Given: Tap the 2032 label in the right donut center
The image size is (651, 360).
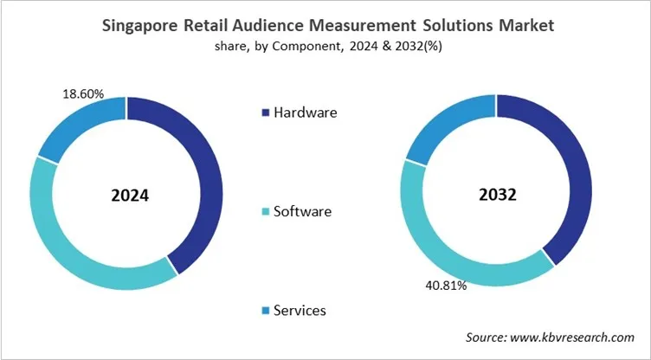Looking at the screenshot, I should click(496, 195).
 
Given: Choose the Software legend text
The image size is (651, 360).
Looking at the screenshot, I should click(302, 211).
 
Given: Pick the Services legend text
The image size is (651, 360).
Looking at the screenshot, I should click(301, 310).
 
